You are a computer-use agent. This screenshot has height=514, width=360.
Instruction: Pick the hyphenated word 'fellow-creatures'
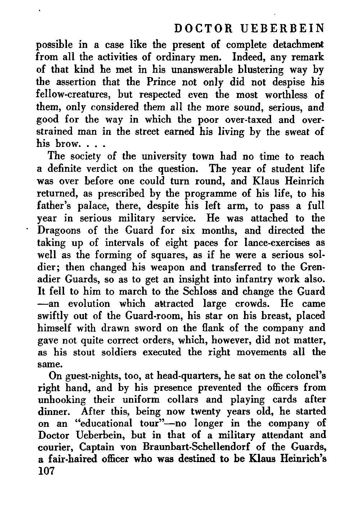[x=72, y=95]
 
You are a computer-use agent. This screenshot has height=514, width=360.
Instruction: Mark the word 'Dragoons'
[x=62, y=230]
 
